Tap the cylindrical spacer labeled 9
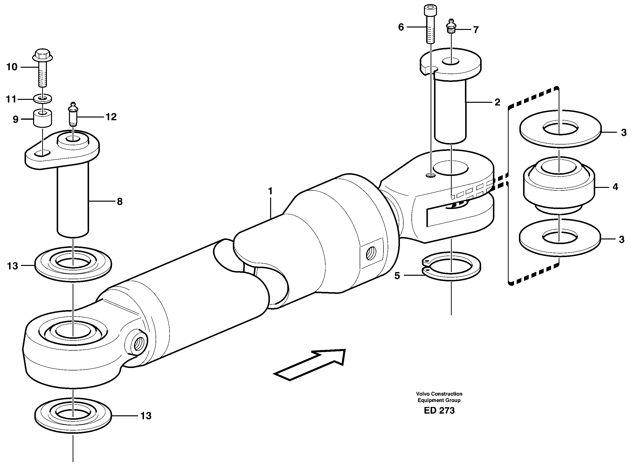click(x=42, y=118)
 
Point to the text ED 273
click(x=439, y=411)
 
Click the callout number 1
click(x=270, y=191)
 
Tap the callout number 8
click(x=119, y=202)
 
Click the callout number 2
click(x=497, y=102)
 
